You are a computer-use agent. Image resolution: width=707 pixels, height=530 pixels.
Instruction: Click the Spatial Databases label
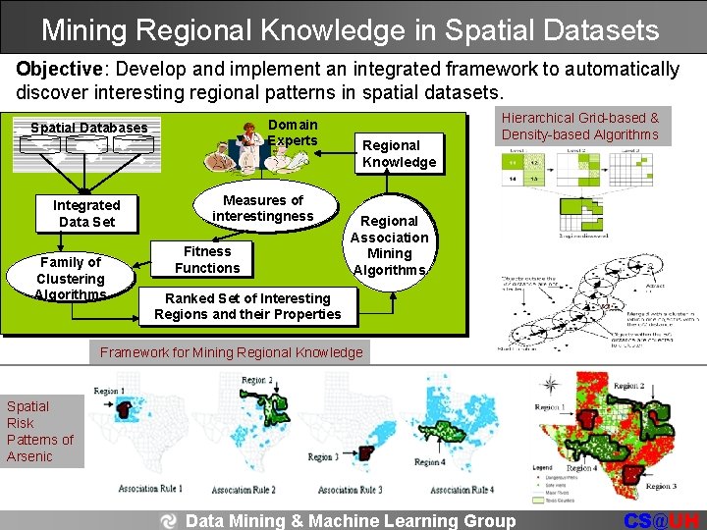(88, 128)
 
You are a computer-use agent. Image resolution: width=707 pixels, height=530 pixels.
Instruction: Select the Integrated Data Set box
(86, 213)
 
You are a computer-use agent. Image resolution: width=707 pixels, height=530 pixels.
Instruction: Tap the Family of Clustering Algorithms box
(71, 278)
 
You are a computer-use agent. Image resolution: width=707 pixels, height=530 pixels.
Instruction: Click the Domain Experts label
(293, 132)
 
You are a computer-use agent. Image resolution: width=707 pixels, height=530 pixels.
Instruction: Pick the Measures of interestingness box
(263, 208)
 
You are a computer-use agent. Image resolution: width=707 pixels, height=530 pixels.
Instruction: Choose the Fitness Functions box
(207, 259)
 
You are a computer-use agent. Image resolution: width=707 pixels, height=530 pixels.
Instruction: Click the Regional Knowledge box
(399, 153)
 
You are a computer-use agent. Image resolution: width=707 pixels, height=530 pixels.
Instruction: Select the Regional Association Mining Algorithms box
(389, 245)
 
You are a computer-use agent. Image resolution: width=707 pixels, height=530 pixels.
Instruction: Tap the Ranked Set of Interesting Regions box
(247, 306)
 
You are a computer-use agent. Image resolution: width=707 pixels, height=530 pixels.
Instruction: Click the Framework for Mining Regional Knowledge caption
(231, 352)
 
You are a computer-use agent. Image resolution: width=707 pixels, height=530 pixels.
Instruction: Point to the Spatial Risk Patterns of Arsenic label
(40, 431)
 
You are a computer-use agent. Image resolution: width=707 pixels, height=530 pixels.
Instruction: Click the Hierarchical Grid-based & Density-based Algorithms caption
(580, 126)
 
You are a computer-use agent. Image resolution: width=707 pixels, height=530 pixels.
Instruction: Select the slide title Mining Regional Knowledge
(351, 29)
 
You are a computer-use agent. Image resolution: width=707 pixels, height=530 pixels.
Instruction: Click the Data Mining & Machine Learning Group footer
(350, 521)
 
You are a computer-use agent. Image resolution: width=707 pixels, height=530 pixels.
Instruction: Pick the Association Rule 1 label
(149, 489)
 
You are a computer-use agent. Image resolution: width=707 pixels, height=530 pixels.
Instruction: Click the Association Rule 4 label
(462, 489)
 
